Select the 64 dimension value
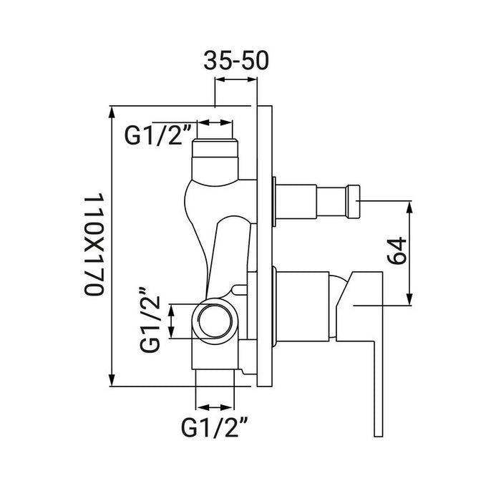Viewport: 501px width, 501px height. [397, 251]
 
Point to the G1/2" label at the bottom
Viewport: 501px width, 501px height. [215, 427]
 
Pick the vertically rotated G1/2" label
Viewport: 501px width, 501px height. [150, 320]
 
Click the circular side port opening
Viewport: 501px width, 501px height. [215, 321]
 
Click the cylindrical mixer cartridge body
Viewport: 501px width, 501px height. [302, 307]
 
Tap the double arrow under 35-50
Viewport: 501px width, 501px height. [236, 79]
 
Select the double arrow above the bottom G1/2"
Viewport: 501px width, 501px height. [215, 407]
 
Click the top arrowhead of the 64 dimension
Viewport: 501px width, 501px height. [409, 207]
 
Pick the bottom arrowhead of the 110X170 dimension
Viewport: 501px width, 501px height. [112, 380]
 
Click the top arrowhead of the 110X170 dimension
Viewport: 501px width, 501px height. [112, 112]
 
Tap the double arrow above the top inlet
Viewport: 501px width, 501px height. [215, 122]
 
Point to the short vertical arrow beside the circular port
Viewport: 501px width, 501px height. [172, 321]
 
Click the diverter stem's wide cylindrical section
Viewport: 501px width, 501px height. [296, 202]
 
